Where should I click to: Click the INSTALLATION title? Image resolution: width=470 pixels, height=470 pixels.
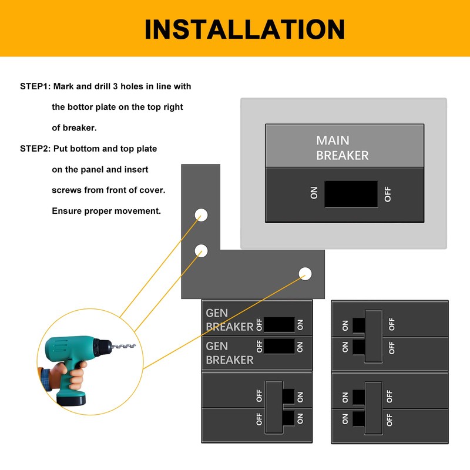(x=244, y=29)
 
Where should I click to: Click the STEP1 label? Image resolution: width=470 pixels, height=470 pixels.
(x=35, y=86)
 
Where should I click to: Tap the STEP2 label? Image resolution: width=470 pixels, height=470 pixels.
(x=35, y=149)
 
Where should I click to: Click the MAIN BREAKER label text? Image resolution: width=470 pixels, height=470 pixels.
(x=342, y=148)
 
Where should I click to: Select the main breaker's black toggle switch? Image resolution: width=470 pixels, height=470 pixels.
(x=351, y=194)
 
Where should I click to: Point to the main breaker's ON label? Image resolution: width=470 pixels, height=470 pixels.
(x=314, y=194)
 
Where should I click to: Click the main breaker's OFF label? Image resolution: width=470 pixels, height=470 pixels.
(x=388, y=194)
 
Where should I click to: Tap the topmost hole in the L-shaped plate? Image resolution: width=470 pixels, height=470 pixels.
(x=201, y=214)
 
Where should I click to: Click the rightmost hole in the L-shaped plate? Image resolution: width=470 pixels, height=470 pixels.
(x=305, y=273)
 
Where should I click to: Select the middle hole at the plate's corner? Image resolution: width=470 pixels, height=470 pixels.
(x=201, y=251)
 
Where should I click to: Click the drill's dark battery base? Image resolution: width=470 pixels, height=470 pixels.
(x=71, y=399)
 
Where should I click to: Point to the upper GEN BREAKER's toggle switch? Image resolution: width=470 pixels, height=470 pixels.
(x=279, y=325)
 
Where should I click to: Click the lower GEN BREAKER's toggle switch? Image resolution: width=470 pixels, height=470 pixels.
(x=279, y=346)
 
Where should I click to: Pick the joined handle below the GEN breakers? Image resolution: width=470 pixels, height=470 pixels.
(x=274, y=408)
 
